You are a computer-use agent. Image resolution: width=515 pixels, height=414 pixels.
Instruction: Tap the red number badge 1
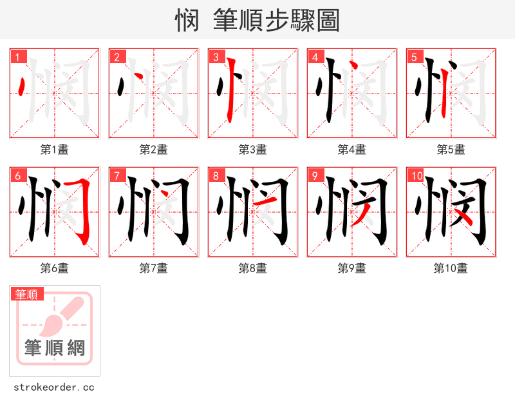18,57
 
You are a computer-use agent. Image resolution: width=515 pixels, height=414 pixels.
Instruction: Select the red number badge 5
415,57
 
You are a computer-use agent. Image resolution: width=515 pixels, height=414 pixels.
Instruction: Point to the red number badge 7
117,176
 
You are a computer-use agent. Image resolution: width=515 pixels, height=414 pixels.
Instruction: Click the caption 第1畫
55,150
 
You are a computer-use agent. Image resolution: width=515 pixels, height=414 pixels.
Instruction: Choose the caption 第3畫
253,150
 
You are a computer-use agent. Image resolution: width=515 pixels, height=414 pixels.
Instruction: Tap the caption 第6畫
55,268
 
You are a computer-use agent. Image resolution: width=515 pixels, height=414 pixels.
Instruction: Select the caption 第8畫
253,268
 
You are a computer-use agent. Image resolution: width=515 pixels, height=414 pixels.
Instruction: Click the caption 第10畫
451,268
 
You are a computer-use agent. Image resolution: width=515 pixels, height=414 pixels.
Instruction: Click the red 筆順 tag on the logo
27,294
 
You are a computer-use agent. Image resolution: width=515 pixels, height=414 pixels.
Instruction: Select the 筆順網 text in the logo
55,349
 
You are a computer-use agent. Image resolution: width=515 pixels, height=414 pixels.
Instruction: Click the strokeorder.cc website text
55,388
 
